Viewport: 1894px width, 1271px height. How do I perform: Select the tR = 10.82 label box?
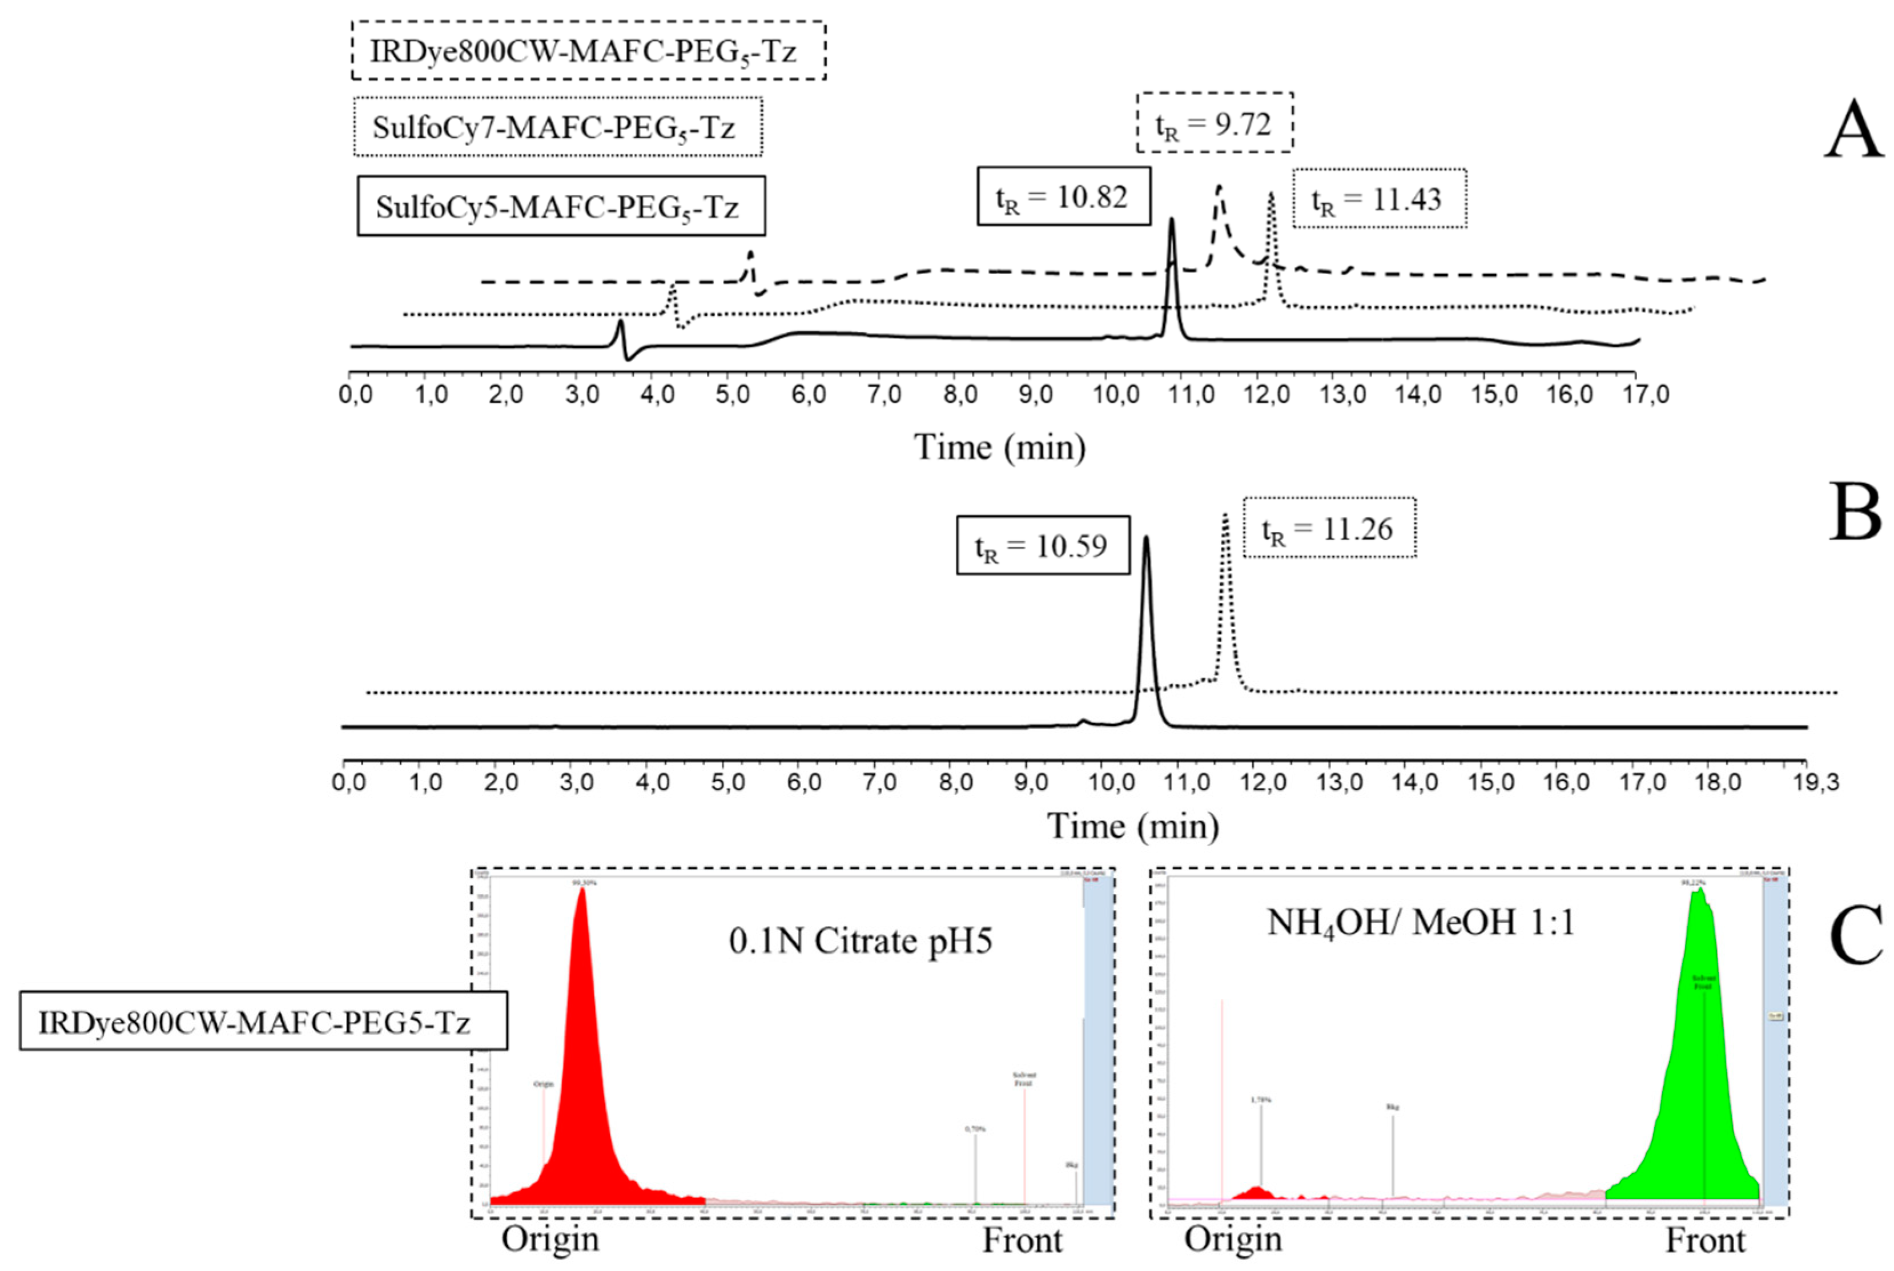coord(1063,197)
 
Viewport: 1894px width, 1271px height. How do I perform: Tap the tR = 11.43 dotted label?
coord(1378,199)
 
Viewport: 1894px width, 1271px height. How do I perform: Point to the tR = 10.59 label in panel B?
coord(1042,545)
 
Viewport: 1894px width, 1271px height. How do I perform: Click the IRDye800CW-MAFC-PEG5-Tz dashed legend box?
coord(588,51)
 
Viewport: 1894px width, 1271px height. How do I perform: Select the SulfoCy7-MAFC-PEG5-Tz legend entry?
coord(558,127)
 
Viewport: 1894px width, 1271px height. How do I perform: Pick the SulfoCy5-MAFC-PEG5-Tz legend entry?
coord(561,207)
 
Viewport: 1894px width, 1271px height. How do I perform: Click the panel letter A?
coord(1853,131)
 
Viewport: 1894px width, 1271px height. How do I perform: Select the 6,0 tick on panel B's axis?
coord(804,782)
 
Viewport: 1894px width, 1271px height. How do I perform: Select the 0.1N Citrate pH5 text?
coord(860,941)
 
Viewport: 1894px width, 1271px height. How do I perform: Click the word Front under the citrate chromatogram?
coord(1022,1240)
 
